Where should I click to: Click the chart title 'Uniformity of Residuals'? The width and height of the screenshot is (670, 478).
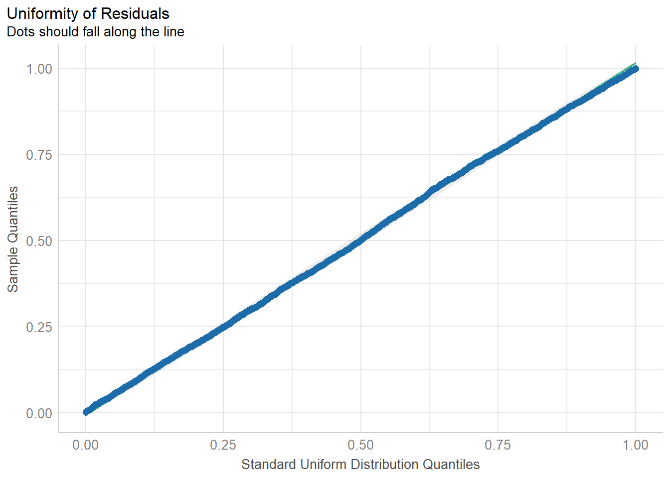coord(88,13)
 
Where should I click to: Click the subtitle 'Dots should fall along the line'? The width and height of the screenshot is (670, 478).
coord(96,32)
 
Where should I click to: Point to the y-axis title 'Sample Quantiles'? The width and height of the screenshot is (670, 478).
coord(13,239)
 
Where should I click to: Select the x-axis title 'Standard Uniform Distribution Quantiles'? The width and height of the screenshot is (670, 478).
coord(360,465)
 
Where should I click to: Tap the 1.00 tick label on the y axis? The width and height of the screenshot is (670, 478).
coord(39,69)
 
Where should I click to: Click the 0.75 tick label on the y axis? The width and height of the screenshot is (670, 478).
coord(39,155)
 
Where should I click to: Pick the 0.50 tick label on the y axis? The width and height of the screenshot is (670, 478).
coord(39,241)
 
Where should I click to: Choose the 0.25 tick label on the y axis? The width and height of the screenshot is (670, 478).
coord(39,327)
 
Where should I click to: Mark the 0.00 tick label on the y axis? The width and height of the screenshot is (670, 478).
coord(39,413)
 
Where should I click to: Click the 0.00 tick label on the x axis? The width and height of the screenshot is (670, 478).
coord(86,445)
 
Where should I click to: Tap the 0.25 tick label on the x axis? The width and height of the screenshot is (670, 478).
coord(223,445)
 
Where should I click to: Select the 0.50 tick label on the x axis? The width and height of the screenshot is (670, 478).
coord(360,445)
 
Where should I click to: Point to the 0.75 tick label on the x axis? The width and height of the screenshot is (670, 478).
coord(498,445)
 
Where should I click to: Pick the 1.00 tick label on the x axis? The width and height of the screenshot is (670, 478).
coord(636,445)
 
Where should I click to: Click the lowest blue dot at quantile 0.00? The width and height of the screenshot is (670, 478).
coord(86,412)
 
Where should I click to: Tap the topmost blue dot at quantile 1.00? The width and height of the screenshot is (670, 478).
coord(635,69)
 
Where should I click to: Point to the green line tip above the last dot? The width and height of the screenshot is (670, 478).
coord(635,63)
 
